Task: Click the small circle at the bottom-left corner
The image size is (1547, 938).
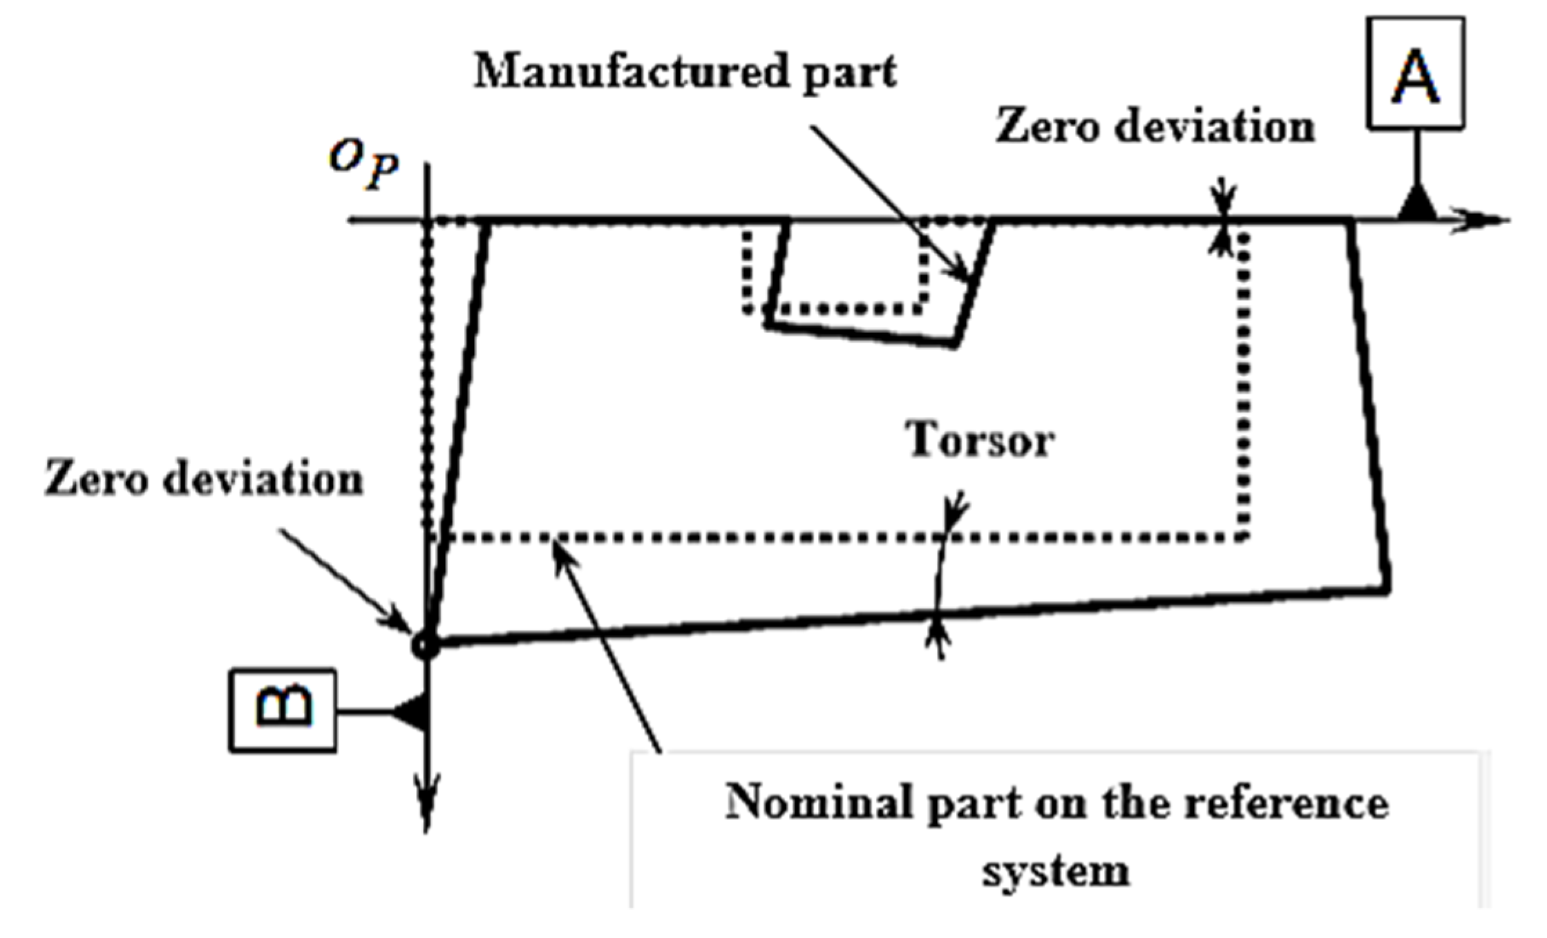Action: (x=424, y=646)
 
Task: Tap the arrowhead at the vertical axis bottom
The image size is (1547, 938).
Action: (x=426, y=812)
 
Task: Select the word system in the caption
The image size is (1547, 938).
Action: (x=1056, y=872)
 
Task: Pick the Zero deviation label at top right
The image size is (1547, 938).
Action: (x=1155, y=128)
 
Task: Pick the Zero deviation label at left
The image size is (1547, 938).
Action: (x=204, y=479)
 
